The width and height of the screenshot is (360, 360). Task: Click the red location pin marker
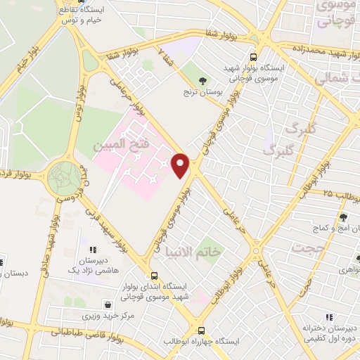(x=181, y=166)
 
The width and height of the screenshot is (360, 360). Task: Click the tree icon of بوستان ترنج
(x=203, y=81)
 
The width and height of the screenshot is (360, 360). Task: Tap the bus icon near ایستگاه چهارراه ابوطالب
(x=201, y=330)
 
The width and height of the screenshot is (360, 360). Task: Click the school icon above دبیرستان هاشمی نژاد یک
(x=92, y=249)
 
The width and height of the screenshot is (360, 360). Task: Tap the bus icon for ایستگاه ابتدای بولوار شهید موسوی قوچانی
(x=154, y=276)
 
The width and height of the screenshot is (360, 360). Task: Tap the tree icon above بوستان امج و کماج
(x=344, y=217)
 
